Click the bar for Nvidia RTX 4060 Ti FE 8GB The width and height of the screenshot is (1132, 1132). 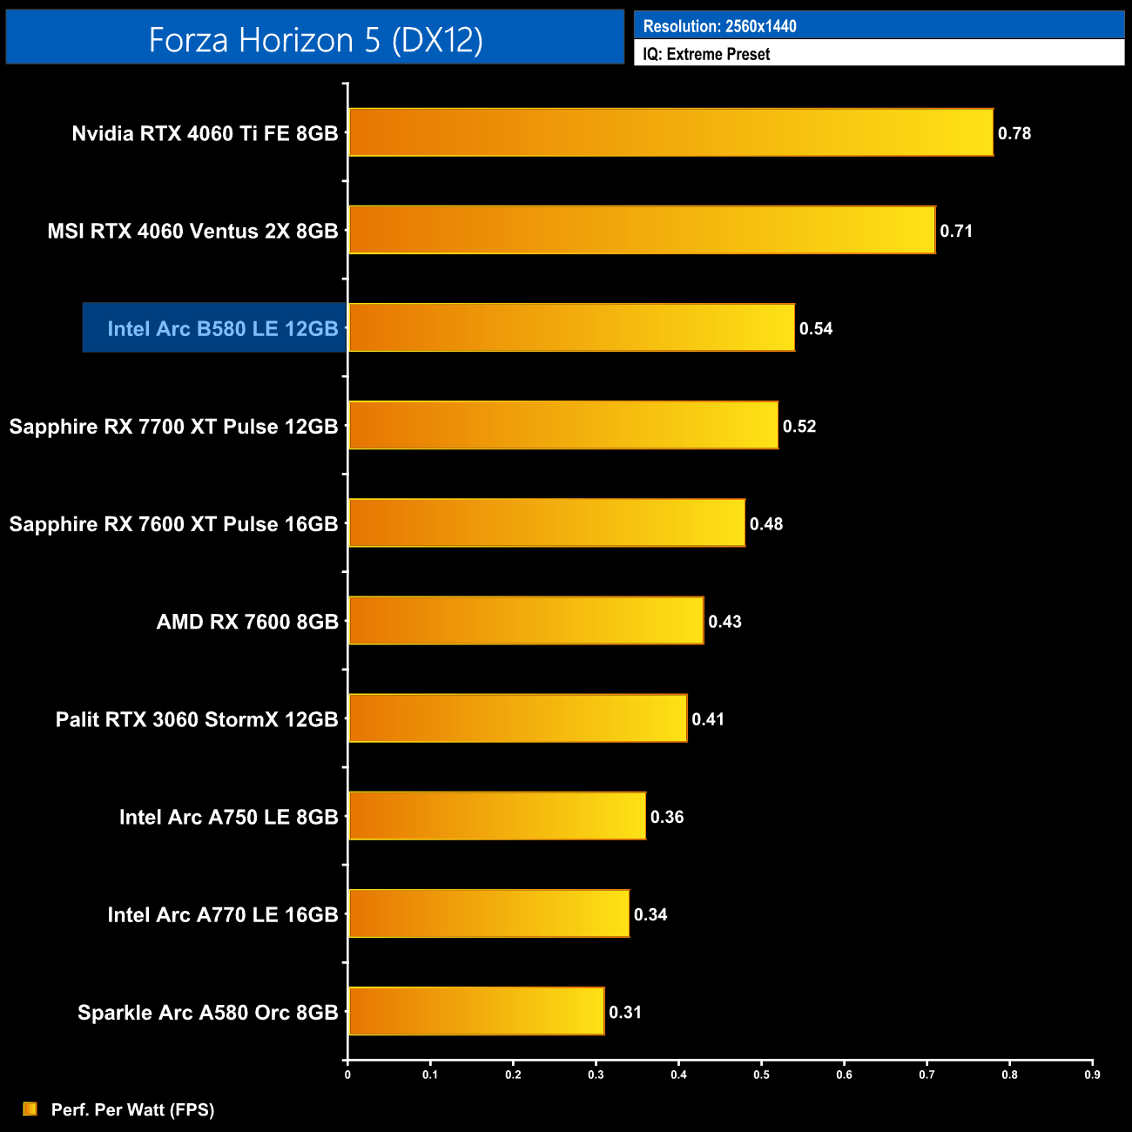coord(670,132)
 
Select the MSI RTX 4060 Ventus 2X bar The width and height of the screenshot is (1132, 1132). coord(642,230)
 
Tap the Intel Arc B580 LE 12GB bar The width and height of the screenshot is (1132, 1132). coord(571,327)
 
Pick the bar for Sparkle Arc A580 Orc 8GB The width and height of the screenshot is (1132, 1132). coord(476,1011)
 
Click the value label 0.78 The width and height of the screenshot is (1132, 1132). coord(1014,133)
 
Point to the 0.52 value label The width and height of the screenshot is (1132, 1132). coord(799,426)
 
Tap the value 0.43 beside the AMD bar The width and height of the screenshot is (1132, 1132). coord(724,622)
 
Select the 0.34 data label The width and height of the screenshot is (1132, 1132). coord(650,914)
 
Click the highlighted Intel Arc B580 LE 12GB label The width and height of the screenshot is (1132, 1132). coord(222,328)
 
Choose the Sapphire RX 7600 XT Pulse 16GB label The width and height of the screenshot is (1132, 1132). coord(173,524)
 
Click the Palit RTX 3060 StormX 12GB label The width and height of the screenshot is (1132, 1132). coord(197,719)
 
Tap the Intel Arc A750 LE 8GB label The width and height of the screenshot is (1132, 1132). coord(228,817)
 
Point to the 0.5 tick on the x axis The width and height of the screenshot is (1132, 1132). coord(761,1075)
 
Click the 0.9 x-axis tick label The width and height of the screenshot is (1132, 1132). coord(1092,1075)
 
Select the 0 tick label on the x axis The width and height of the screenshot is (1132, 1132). coord(347,1075)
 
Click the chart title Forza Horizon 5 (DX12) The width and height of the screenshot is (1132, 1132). coord(315,39)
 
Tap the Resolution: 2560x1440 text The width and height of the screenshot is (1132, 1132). coord(719,26)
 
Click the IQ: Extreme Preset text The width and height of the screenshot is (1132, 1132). coord(706,54)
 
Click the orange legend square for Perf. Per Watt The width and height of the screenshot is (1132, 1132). coord(30,1108)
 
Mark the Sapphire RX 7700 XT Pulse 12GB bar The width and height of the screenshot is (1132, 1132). coord(563,425)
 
